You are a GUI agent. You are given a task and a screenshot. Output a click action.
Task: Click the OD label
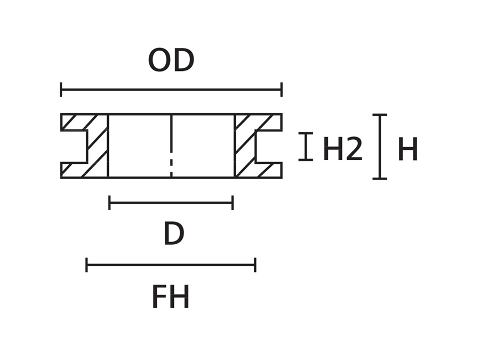point(171,61)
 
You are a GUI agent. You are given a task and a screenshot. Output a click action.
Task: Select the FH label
point(171,297)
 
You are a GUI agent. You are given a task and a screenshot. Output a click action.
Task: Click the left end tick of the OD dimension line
point(61,90)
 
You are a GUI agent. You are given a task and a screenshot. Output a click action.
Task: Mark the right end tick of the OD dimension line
point(281,90)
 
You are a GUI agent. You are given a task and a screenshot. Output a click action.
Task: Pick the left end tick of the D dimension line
point(109,203)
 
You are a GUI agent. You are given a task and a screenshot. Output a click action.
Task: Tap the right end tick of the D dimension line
point(233,203)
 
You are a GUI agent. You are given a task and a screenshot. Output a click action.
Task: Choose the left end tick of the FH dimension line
point(86,265)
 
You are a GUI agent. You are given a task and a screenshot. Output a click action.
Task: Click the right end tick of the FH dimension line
point(255,265)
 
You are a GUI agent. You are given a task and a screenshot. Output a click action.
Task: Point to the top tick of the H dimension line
point(380,115)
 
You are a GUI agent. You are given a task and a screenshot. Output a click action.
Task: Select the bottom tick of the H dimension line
point(380,178)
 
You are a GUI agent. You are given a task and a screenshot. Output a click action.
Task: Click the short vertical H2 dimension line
point(306,147)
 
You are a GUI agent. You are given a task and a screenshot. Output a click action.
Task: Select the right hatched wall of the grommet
point(245,146)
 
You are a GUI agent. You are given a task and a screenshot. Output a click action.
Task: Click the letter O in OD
point(159,61)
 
